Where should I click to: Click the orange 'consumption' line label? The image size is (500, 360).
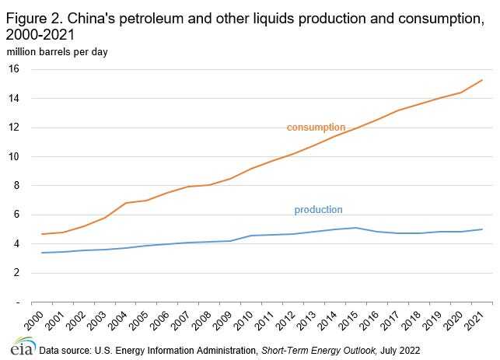click(x=316, y=128)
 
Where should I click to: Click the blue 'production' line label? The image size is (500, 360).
click(x=318, y=210)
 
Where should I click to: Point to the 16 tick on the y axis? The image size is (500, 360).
click(x=13, y=69)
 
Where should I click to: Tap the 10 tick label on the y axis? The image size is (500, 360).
click(x=13, y=156)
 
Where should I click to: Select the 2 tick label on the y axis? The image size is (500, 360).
click(x=16, y=273)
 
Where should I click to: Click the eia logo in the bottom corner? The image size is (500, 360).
click(x=17, y=347)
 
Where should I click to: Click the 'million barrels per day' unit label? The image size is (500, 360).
click(x=58, y=52)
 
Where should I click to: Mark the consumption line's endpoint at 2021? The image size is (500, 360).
click(x=483, y=80)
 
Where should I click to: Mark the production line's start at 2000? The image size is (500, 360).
click(x=42, y=253)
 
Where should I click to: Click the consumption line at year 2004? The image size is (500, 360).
click(x=126, y=203)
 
